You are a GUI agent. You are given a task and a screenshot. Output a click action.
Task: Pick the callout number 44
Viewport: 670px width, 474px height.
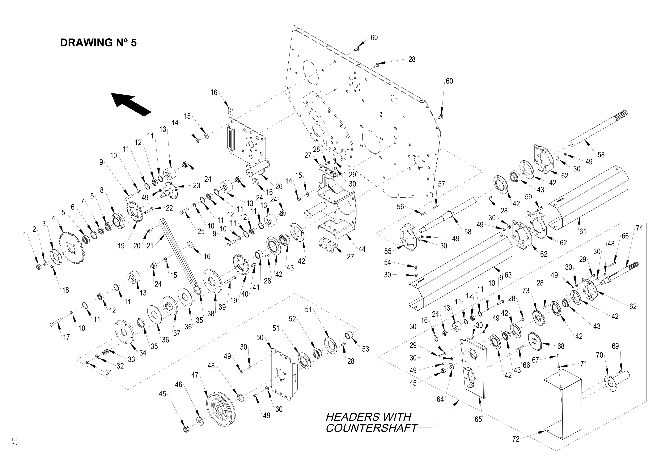362,249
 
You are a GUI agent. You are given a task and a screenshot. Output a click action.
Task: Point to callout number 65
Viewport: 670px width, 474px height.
478,419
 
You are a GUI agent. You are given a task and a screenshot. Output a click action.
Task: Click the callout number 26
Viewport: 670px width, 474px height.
279,186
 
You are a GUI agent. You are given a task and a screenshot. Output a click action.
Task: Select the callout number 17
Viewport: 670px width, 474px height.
66,337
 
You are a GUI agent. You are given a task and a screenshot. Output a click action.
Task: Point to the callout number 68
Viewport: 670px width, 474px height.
561,346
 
